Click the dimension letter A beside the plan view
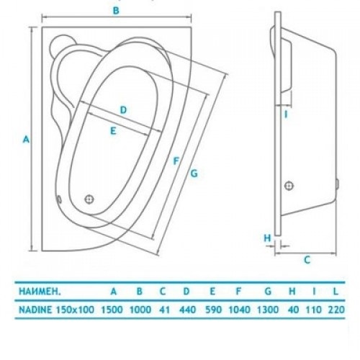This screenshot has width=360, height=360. (26, 139)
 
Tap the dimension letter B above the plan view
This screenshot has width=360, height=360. (116, 11)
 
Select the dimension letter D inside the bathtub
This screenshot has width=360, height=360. (123, 110)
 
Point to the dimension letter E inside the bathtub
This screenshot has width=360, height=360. (113, 131)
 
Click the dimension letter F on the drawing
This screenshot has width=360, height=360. (176, 161)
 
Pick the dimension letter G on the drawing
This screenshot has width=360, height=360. (194, 173)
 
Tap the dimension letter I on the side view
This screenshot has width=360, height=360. (286, 114)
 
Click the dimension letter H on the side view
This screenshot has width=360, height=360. (267, 238)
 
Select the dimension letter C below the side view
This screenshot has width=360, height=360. (307, 260)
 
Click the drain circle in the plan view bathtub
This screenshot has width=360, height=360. (89, 199)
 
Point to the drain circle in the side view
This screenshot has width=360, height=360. (289, 186)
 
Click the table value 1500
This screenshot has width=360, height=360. (112, 310)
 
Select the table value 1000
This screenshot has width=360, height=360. (140, 310)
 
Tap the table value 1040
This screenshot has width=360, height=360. (239, 310)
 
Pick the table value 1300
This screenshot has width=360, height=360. (268, 310)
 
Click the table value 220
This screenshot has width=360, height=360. (336, 310)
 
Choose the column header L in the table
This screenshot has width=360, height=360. (336, 292)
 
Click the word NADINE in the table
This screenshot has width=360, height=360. (35, 310)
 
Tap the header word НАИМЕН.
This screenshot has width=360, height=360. (40, 292)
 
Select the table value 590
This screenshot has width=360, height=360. (213, 310)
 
